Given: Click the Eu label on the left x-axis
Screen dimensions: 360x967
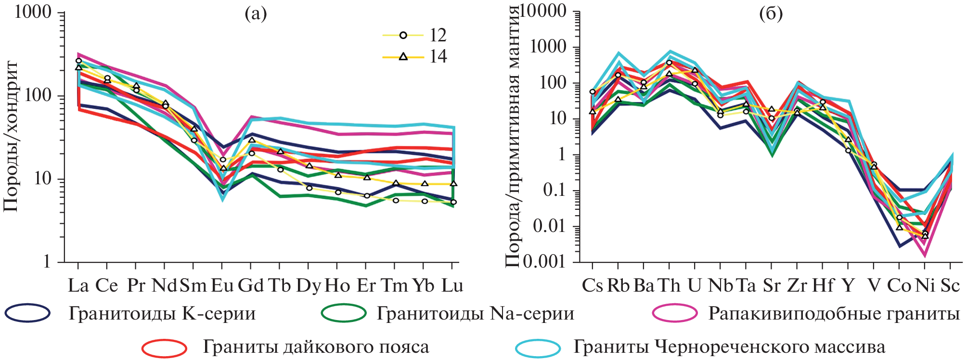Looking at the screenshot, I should coord(222,286).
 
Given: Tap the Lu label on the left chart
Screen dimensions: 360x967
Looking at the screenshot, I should coord(452,286).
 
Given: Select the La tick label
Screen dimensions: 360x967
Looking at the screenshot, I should coord(78,286).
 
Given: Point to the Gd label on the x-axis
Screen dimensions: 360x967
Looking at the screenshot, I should coord(251,286).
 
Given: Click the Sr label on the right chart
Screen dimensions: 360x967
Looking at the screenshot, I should coord(772,286).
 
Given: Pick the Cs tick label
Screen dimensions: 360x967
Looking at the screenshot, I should coord(592,286).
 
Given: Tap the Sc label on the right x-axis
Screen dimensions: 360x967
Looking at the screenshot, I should coord(950,286).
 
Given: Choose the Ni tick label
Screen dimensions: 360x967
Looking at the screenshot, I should coord(925,286).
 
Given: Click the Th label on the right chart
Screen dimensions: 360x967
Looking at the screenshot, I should coord(669,286).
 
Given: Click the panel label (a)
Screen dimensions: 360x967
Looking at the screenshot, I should coord(256,14).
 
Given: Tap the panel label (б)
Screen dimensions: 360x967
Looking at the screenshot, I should coord(771,14).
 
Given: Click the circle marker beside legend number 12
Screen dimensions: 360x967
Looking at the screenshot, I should coord(403,35).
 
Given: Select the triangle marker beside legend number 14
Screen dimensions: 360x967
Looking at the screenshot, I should coord(403,57).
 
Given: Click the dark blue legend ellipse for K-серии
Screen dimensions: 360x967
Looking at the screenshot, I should coord(27,313).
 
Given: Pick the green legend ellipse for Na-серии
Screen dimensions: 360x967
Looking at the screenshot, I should coord(344,313).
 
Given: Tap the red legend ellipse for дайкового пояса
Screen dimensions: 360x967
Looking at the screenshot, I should coord(165,347).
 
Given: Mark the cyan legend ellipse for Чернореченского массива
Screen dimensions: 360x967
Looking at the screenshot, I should coord(538,347).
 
